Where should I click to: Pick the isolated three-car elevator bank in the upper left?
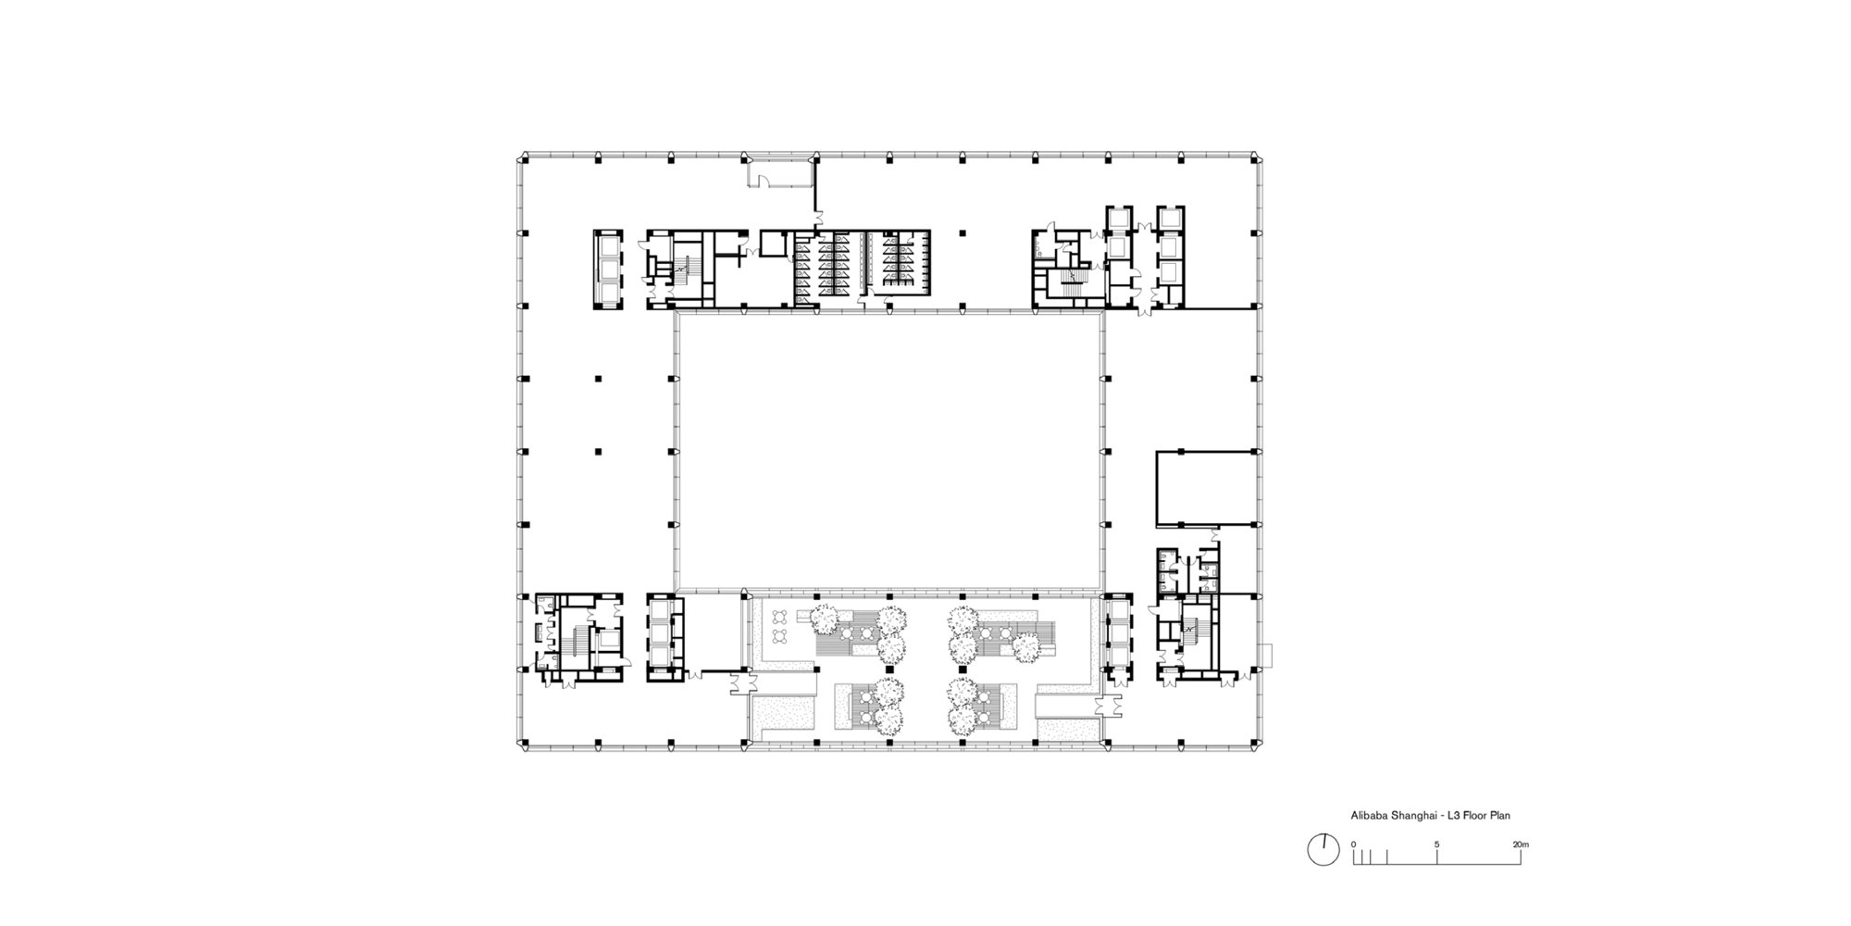coord(608,269)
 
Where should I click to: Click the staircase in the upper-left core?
coord(680,269)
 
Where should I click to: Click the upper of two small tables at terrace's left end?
coord(780,617)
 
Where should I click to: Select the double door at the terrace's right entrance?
coord(1106,706)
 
